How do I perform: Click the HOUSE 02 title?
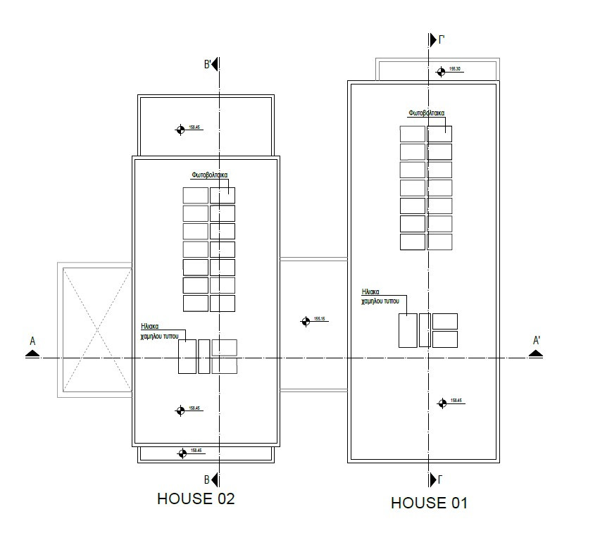195,498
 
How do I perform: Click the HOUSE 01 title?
429,503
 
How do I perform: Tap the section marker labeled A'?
536,350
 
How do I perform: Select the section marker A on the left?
32,350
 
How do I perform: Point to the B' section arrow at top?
213,64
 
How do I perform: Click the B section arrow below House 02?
213,480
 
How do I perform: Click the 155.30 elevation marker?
442,70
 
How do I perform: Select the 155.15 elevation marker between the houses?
306,321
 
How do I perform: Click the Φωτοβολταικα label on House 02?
210,175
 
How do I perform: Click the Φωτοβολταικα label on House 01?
427,113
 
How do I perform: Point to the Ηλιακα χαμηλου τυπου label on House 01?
380,296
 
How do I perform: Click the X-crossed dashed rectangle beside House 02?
95,330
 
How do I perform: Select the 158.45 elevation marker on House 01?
442,403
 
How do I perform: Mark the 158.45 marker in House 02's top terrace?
180,129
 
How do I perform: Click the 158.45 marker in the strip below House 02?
183,453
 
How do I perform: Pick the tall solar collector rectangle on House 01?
408,330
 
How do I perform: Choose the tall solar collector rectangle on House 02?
187,356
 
